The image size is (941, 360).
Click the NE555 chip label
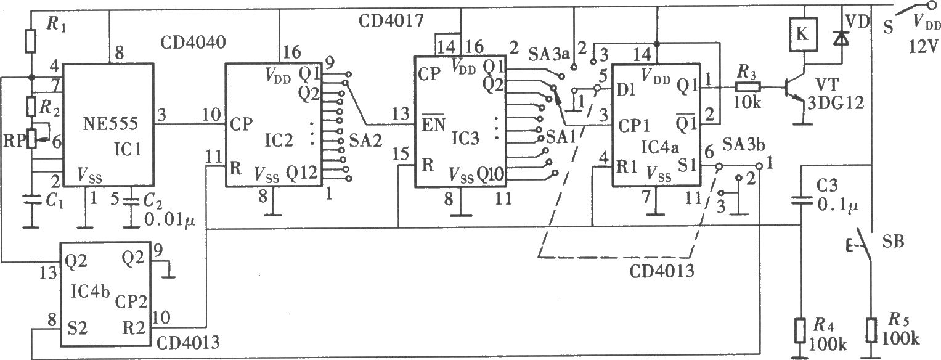coord(110,123)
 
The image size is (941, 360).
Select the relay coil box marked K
coord(803,35)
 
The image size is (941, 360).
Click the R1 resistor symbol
coord(30,41)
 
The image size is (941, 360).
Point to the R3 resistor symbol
coord(748,88)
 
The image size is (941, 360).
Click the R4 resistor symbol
coord(800,331)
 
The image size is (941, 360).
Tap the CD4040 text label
coord(193,43)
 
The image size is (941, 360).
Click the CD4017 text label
coord(391,20)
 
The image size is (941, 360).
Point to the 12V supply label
coord(923,47)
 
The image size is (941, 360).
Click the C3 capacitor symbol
coord(801,200)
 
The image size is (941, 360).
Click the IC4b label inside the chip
coord(90,291)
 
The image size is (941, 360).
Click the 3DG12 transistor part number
coord(836,102)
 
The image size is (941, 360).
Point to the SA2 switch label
coord(365,141)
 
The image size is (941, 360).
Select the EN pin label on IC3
coord(433,124)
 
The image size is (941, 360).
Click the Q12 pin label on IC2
coord(301,173)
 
